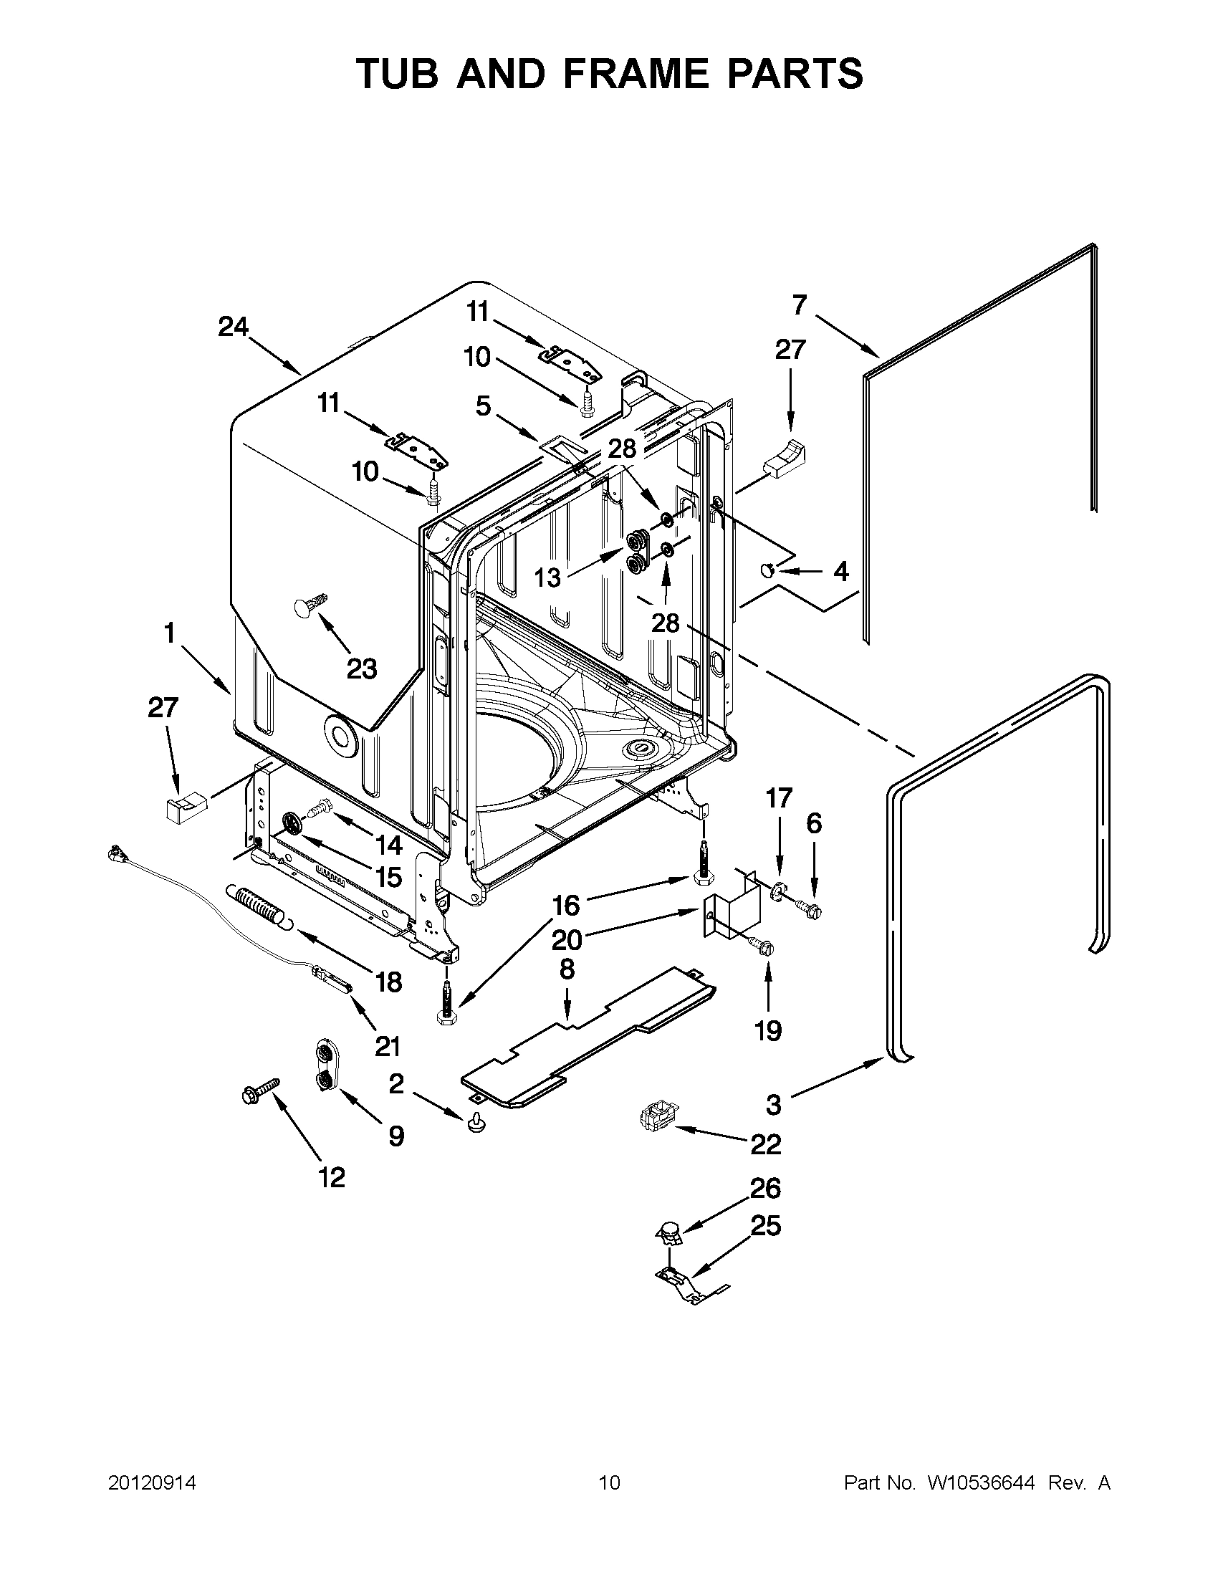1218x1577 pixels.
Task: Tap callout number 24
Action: (233, 328)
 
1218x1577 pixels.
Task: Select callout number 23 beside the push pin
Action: (362, 668)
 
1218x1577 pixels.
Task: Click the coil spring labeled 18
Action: (257, 906)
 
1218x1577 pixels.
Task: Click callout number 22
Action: (765, 1144)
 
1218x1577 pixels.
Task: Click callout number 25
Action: (765, 1225)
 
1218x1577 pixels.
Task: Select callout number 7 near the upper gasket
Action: (799, 305)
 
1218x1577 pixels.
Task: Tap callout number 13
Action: (547, 577)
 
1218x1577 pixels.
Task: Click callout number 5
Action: (483, 406)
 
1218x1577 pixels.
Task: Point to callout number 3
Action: (773, 1104)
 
